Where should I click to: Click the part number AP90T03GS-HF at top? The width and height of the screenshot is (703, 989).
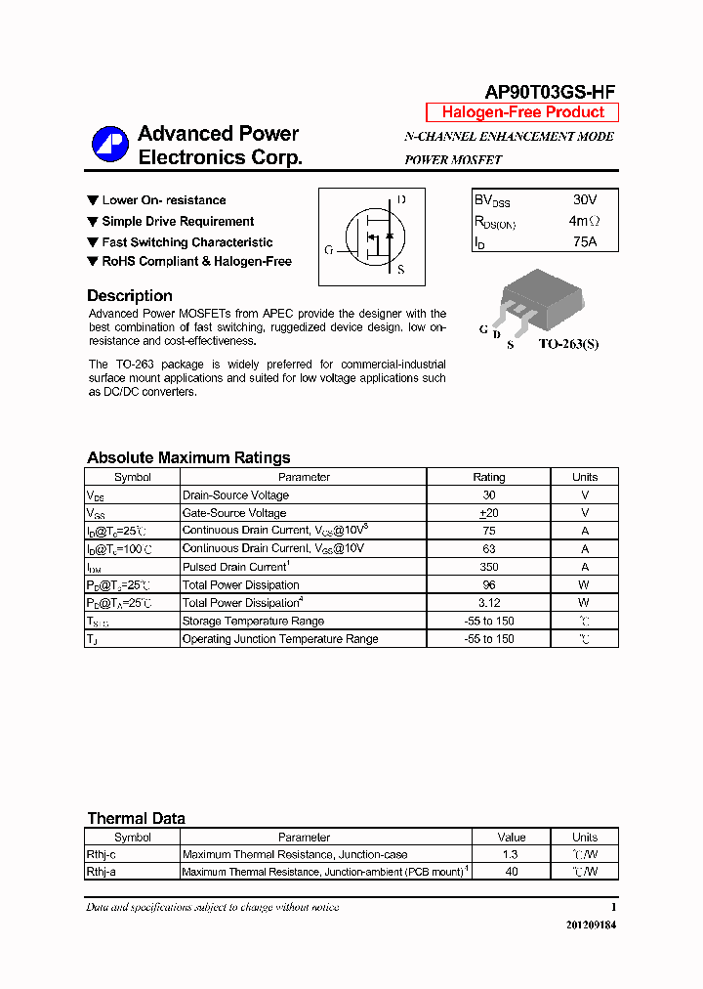click(550, 91)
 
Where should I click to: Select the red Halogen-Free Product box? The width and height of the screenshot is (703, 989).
click(522, 112)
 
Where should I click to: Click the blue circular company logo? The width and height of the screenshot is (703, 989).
click(110, 146)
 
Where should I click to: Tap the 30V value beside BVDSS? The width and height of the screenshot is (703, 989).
click(585, 200)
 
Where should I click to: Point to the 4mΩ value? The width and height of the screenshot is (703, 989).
click(584, 221)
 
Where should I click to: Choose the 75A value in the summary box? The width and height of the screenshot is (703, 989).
click(585, 241)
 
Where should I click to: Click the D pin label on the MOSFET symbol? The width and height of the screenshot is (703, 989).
click(401, 199)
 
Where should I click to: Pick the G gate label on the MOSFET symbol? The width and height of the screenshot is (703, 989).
click(329, 250)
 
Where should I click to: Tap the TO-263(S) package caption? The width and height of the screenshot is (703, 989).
click(569, 344)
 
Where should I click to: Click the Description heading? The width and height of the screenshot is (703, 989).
click(130, 296)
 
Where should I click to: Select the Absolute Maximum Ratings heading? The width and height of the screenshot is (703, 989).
click(188, 457)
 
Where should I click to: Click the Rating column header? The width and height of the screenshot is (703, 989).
click(489, 477)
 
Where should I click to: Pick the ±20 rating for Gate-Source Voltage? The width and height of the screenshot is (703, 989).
click(489, 513)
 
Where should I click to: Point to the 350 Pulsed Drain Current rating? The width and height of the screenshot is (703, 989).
click(489, 567)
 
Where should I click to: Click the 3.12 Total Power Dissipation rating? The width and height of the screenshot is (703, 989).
click(489, 603)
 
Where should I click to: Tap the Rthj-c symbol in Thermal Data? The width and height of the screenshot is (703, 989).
click(102, 854)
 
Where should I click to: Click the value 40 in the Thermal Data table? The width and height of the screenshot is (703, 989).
click(512, 871)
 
